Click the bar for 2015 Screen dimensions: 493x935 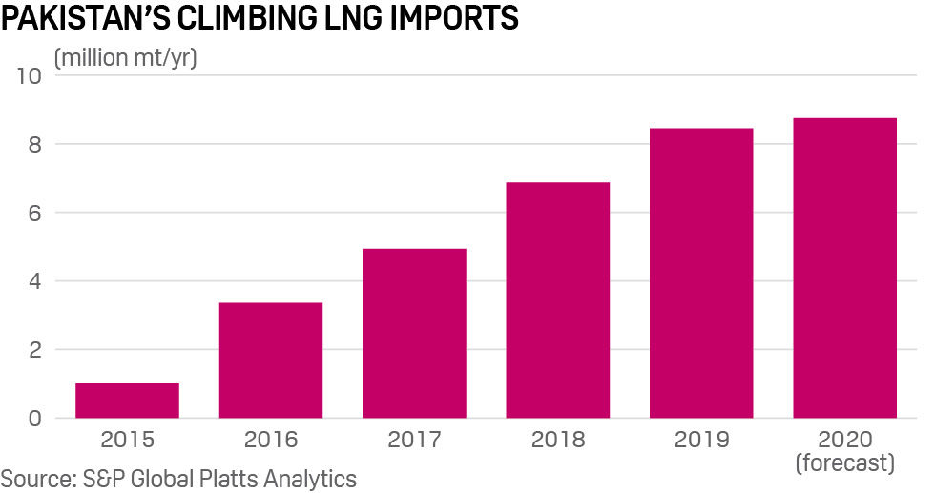point(127,401)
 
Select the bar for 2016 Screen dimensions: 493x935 point(271,360)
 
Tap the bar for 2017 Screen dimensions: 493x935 point(414,333)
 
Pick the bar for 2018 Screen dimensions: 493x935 point(557,299)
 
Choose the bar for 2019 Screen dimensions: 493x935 point(701,273)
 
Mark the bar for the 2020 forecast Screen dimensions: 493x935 point(844,268)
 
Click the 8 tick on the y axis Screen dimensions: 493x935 point(34,145)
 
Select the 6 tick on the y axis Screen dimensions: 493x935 point(34,214)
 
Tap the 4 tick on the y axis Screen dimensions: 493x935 point(34,282)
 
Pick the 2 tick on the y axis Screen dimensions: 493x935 point(34,350)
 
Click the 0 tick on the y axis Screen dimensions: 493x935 point(34,419)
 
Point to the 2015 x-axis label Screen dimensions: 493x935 point(127,440)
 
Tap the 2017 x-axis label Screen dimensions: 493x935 point(414,440)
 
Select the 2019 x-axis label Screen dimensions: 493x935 point(701,440)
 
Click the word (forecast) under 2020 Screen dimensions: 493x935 point(844,463)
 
